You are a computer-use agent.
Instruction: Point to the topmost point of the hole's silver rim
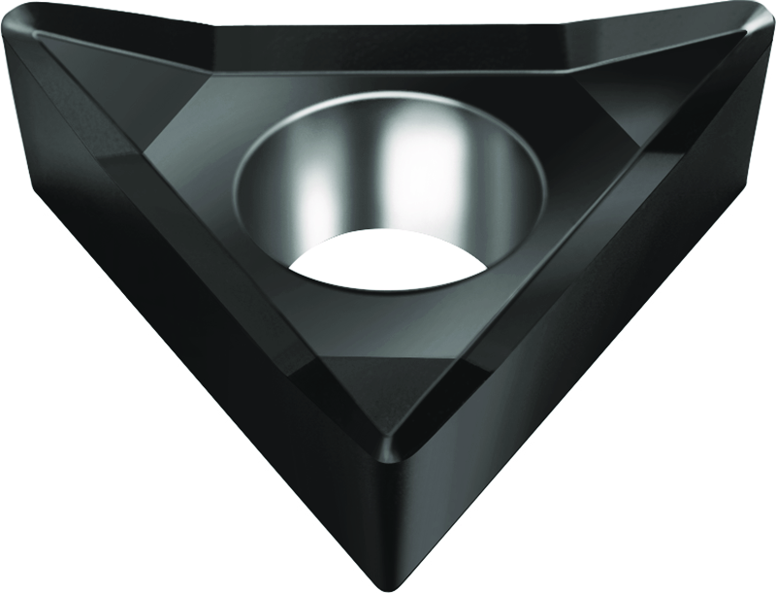click(x=388, y=94)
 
